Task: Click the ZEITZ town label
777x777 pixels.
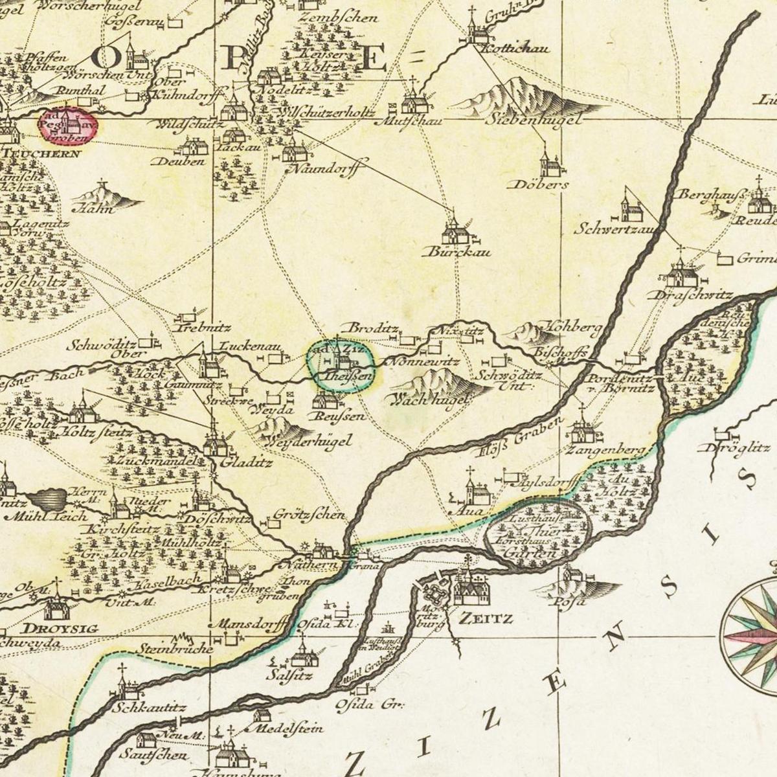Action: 485,618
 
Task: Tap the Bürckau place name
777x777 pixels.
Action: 456,252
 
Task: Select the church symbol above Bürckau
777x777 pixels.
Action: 455,231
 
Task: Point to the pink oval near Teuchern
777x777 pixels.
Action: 69,125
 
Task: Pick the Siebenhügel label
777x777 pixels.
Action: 534,119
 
